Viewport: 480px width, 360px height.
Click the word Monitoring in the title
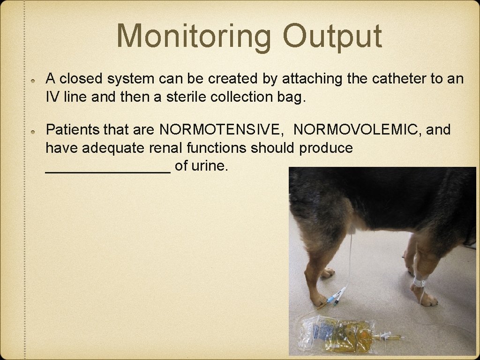coord(194,36)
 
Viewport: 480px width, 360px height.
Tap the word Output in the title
coord(332,36)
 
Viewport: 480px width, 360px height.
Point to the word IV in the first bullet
coord(52,97)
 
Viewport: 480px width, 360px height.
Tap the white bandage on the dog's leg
coord(420,282)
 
